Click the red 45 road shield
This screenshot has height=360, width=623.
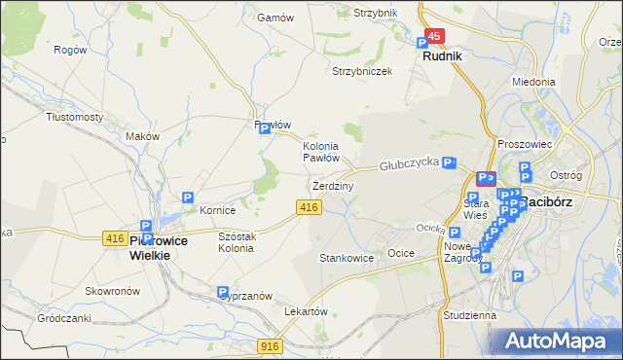coord(435,36)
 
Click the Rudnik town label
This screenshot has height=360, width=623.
coord(442,56)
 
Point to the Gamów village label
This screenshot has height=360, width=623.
coord(275,18)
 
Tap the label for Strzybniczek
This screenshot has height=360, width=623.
coord(362,71)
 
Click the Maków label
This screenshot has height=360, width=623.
coord(142,137)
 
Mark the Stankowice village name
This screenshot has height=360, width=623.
coord(347,259)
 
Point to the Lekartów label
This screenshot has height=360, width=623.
coord(302,311)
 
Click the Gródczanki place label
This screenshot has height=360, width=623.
coord(63,318)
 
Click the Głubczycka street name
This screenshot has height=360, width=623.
coord(410,166)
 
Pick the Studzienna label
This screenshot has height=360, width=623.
coord(468,315)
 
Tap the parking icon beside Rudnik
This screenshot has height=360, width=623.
coord(422,43)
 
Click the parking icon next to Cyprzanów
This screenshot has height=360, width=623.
coord(223,292)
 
